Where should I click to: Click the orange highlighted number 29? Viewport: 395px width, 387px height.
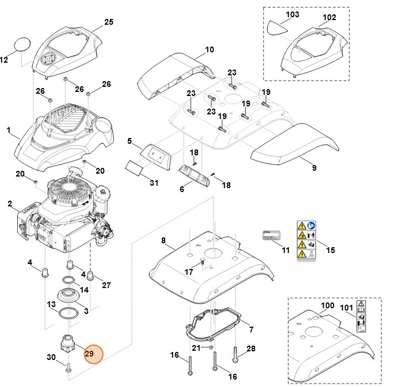90,354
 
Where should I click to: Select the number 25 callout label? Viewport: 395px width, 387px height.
109,22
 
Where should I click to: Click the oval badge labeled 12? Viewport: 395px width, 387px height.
21,44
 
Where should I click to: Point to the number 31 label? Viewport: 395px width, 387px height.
153,183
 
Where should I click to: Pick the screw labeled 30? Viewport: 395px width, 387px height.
69,371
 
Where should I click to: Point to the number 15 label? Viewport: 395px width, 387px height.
331,250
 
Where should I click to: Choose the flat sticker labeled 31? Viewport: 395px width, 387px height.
134,167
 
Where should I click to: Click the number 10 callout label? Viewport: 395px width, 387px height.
209,49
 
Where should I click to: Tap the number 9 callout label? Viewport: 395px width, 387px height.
314,168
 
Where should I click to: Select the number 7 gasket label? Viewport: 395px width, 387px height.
250,329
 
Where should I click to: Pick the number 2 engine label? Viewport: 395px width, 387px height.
10,204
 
